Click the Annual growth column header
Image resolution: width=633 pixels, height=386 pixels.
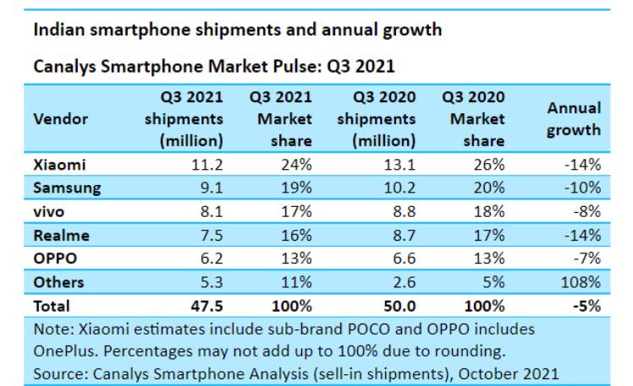[x=575, y=119]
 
